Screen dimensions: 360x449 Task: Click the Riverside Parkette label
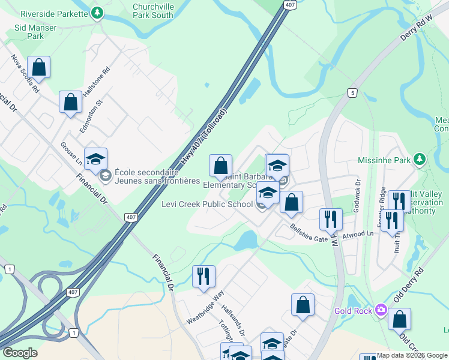[x=54, y=13]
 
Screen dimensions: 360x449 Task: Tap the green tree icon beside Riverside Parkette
[x=97, y=13]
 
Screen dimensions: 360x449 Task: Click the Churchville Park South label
[x=153, y=11]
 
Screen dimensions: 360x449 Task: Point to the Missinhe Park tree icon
[x=421, y=160]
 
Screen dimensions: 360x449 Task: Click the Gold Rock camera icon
[x=381, y=310]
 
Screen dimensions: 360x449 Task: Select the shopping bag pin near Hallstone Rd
[x=70, y=102]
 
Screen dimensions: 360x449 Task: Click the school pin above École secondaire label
[x=95, y=159]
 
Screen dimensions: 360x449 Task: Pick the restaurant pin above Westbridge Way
[x=203, y=277]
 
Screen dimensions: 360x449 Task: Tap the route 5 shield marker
[x=352, y=92]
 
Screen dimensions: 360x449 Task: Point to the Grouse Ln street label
[x=71, y=154]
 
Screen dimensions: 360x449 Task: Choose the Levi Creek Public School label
[x=207, y=204]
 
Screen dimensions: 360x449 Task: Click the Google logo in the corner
[x=20, y=353]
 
